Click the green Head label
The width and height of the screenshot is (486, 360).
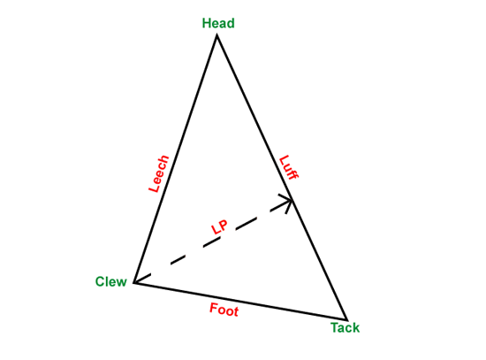coord(218,23)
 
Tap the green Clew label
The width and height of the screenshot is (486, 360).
coord(111,281)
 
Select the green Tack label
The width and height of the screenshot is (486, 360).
coord(345,328)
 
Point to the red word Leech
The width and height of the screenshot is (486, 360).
coord(159,173)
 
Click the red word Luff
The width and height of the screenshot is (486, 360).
coord(289,167)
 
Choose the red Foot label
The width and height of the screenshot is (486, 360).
coord(224,310)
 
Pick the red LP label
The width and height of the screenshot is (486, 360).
coord(219,227)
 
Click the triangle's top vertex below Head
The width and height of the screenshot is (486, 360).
coord(217,34)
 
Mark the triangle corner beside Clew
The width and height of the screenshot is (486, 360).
coord(134,282)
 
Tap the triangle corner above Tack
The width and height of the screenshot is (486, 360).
coord(346,319)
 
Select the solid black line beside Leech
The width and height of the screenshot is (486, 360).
coord(176,158)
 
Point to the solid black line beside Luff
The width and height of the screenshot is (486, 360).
coord(282,177)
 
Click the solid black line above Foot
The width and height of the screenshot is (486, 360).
coord(240,301)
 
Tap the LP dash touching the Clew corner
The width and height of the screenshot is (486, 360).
coord(142,279)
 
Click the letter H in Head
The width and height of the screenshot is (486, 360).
coord(206,23)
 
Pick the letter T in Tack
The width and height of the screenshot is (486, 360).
coord(334,328)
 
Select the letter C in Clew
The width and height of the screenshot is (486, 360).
coord(100,282)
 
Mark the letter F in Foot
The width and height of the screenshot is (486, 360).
coord(214,308)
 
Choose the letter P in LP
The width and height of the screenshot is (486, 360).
coord(224,225)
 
